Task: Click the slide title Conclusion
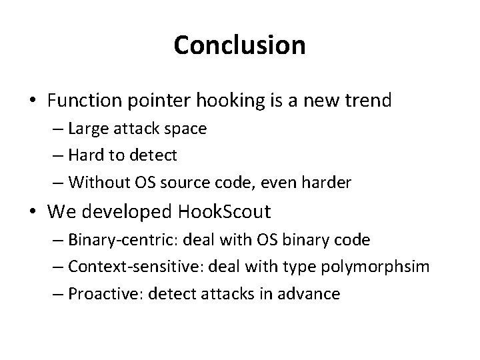tap(239, 45)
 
